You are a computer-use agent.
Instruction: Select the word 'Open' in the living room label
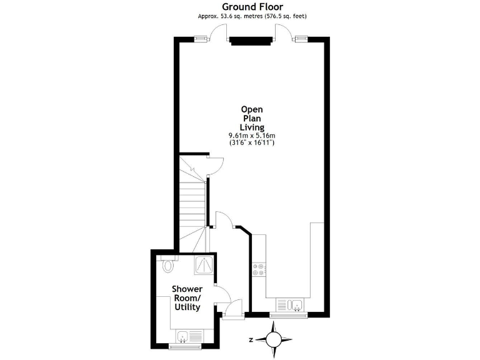click(x=252, y=107)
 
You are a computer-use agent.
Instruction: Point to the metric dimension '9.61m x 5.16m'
click(x=252, y=135)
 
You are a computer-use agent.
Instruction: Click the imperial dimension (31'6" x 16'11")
click(x=252, y=143)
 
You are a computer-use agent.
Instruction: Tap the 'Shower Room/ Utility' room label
click(x=187, y=298)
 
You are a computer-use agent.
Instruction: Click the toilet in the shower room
click(x=167, y=265)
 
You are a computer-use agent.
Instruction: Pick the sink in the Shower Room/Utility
click(x=184, y=337)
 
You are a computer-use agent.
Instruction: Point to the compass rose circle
click(x=273, y=340)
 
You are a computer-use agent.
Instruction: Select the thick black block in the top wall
click(x=251, y=41)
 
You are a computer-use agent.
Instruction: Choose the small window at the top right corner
click(x=302, y=39)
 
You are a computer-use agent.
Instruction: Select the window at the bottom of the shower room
click(x=185, y=346)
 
